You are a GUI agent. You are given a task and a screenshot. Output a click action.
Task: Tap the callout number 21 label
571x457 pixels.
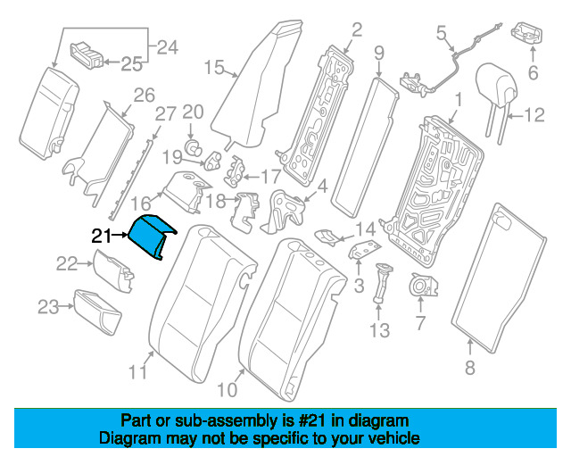[102, 237]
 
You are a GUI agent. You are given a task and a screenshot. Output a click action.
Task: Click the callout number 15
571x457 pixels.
[213, 66]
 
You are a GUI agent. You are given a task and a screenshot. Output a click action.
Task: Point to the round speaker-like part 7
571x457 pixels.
[418, 287]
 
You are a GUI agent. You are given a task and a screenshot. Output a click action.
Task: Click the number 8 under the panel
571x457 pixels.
[471, 367]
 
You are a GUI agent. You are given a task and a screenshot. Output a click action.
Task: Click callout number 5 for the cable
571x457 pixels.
[440, 33]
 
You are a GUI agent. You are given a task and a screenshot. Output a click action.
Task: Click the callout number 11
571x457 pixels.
[137, 372]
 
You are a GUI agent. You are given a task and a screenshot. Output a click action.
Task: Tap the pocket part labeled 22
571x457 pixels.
[111, 265]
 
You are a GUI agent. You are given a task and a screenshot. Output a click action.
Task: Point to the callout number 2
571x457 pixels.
[356, 32]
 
